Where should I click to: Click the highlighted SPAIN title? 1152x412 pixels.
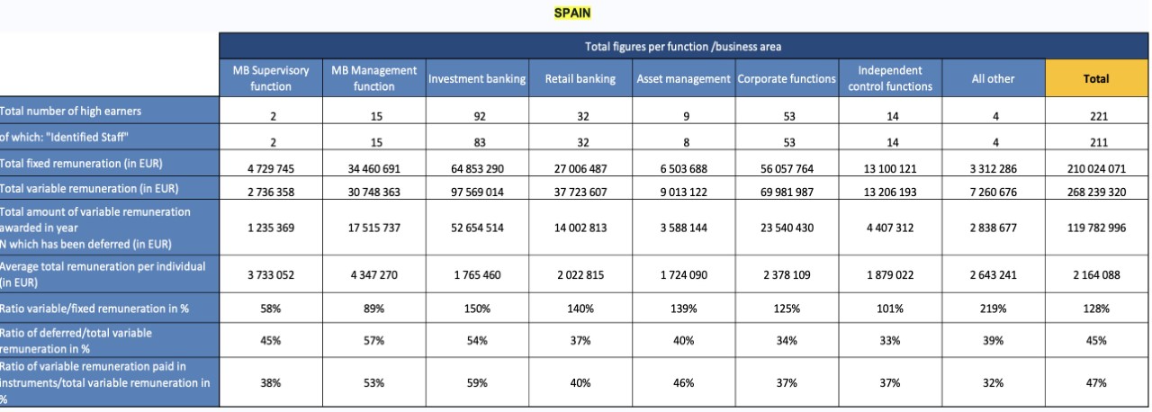click(x=571, y=13)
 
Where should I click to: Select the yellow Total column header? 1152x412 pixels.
click(x=1096, y=78)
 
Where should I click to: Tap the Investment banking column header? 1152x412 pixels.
click(x=477, y=78)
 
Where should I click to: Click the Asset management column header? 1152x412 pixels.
click(x=683, y=78)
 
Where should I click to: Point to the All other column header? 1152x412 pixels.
click(x=993, y=78)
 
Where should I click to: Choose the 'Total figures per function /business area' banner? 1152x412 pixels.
click(x=683, y=46)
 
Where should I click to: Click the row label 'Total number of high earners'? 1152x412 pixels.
click(x=70, y=111)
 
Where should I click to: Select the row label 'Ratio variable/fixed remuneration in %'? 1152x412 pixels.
click(x=94, y=309)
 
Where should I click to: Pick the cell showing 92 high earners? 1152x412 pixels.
click(x=480, y=117)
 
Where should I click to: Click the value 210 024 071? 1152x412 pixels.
click(x=1096, y=168)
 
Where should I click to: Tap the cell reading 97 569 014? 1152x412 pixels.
click(x=477, y=193)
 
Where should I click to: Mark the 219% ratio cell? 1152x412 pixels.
click(x=993, y=309)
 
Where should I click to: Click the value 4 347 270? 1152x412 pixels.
click(x=373, y=275)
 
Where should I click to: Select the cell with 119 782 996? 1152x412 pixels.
click(x=1096, y=228)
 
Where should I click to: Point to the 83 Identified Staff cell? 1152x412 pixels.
click(x=480, y=142)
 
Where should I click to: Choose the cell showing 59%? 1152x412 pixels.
click(x=477, y=382)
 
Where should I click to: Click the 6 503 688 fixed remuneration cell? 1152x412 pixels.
click(x=683, y=168)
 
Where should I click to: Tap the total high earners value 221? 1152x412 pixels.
click(x=1099, y=117)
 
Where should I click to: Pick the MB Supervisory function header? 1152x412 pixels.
click(x=271, y=78)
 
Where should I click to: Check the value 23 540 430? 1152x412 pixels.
click(x=787, y=228)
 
